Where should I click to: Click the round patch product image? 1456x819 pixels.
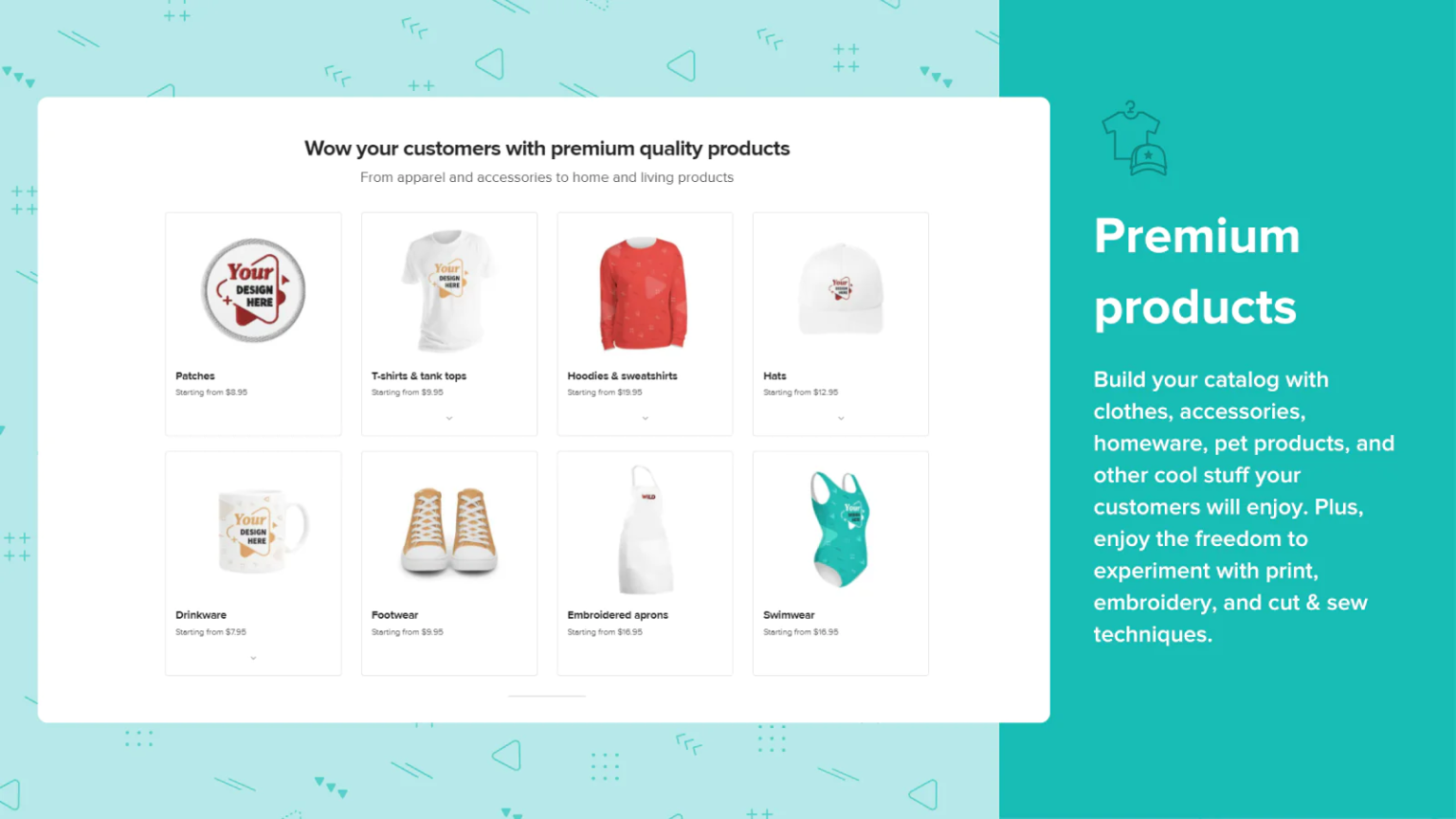(x=253, y=290)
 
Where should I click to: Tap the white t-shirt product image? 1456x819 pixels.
(x=447, y=290)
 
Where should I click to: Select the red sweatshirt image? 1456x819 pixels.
(x=643, y=293)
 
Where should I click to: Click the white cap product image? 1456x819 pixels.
(x=841, y=289)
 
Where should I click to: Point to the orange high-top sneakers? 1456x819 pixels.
(x=449, y=531)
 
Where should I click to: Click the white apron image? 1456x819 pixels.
(x=645, y=530)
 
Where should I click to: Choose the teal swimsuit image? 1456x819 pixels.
(x=840, y=529)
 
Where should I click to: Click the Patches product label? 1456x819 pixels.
(x=195, y=375)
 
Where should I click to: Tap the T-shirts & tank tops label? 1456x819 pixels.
(x=419, y=375)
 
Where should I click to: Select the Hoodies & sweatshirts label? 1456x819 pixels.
(x=622, y=375)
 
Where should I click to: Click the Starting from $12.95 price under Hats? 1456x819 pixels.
(x=800, y=391)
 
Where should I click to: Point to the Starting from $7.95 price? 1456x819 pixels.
(x=210, y=632)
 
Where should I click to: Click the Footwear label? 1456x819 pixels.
(x=394, y=615)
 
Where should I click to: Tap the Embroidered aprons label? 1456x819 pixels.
(x=617, y=615)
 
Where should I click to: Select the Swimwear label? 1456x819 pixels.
(x=789, y=615)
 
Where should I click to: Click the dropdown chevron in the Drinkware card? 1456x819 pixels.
(x=253, y=659)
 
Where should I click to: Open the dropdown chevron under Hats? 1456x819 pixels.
(x=841, y=419)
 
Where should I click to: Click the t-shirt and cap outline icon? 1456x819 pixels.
(x=1135, y=137)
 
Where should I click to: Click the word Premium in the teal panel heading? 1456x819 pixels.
(x=1196, y=236)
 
